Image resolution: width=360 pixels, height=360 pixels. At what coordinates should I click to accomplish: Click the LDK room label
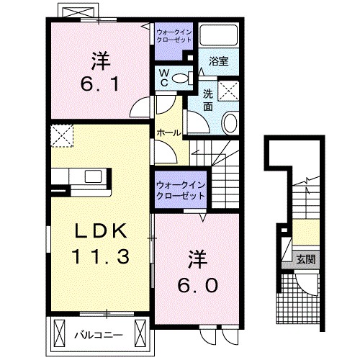click(x=100, y=231)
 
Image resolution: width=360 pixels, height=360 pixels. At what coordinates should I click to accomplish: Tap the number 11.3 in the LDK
click(x=100, y=256)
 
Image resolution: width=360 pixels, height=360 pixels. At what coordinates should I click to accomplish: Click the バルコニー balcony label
click(x=99, y=335)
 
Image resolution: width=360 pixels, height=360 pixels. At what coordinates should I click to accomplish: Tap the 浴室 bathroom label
click(x=219, y=61)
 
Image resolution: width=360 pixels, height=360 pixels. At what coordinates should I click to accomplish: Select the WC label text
click(x=163, y=76)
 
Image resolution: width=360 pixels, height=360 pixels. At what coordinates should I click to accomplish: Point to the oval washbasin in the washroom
click(x=231, y=123)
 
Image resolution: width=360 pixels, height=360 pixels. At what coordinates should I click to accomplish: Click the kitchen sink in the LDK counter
click(x=94, y=176)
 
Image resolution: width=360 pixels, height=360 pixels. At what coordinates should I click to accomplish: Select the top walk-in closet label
click(x=173, y=35)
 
